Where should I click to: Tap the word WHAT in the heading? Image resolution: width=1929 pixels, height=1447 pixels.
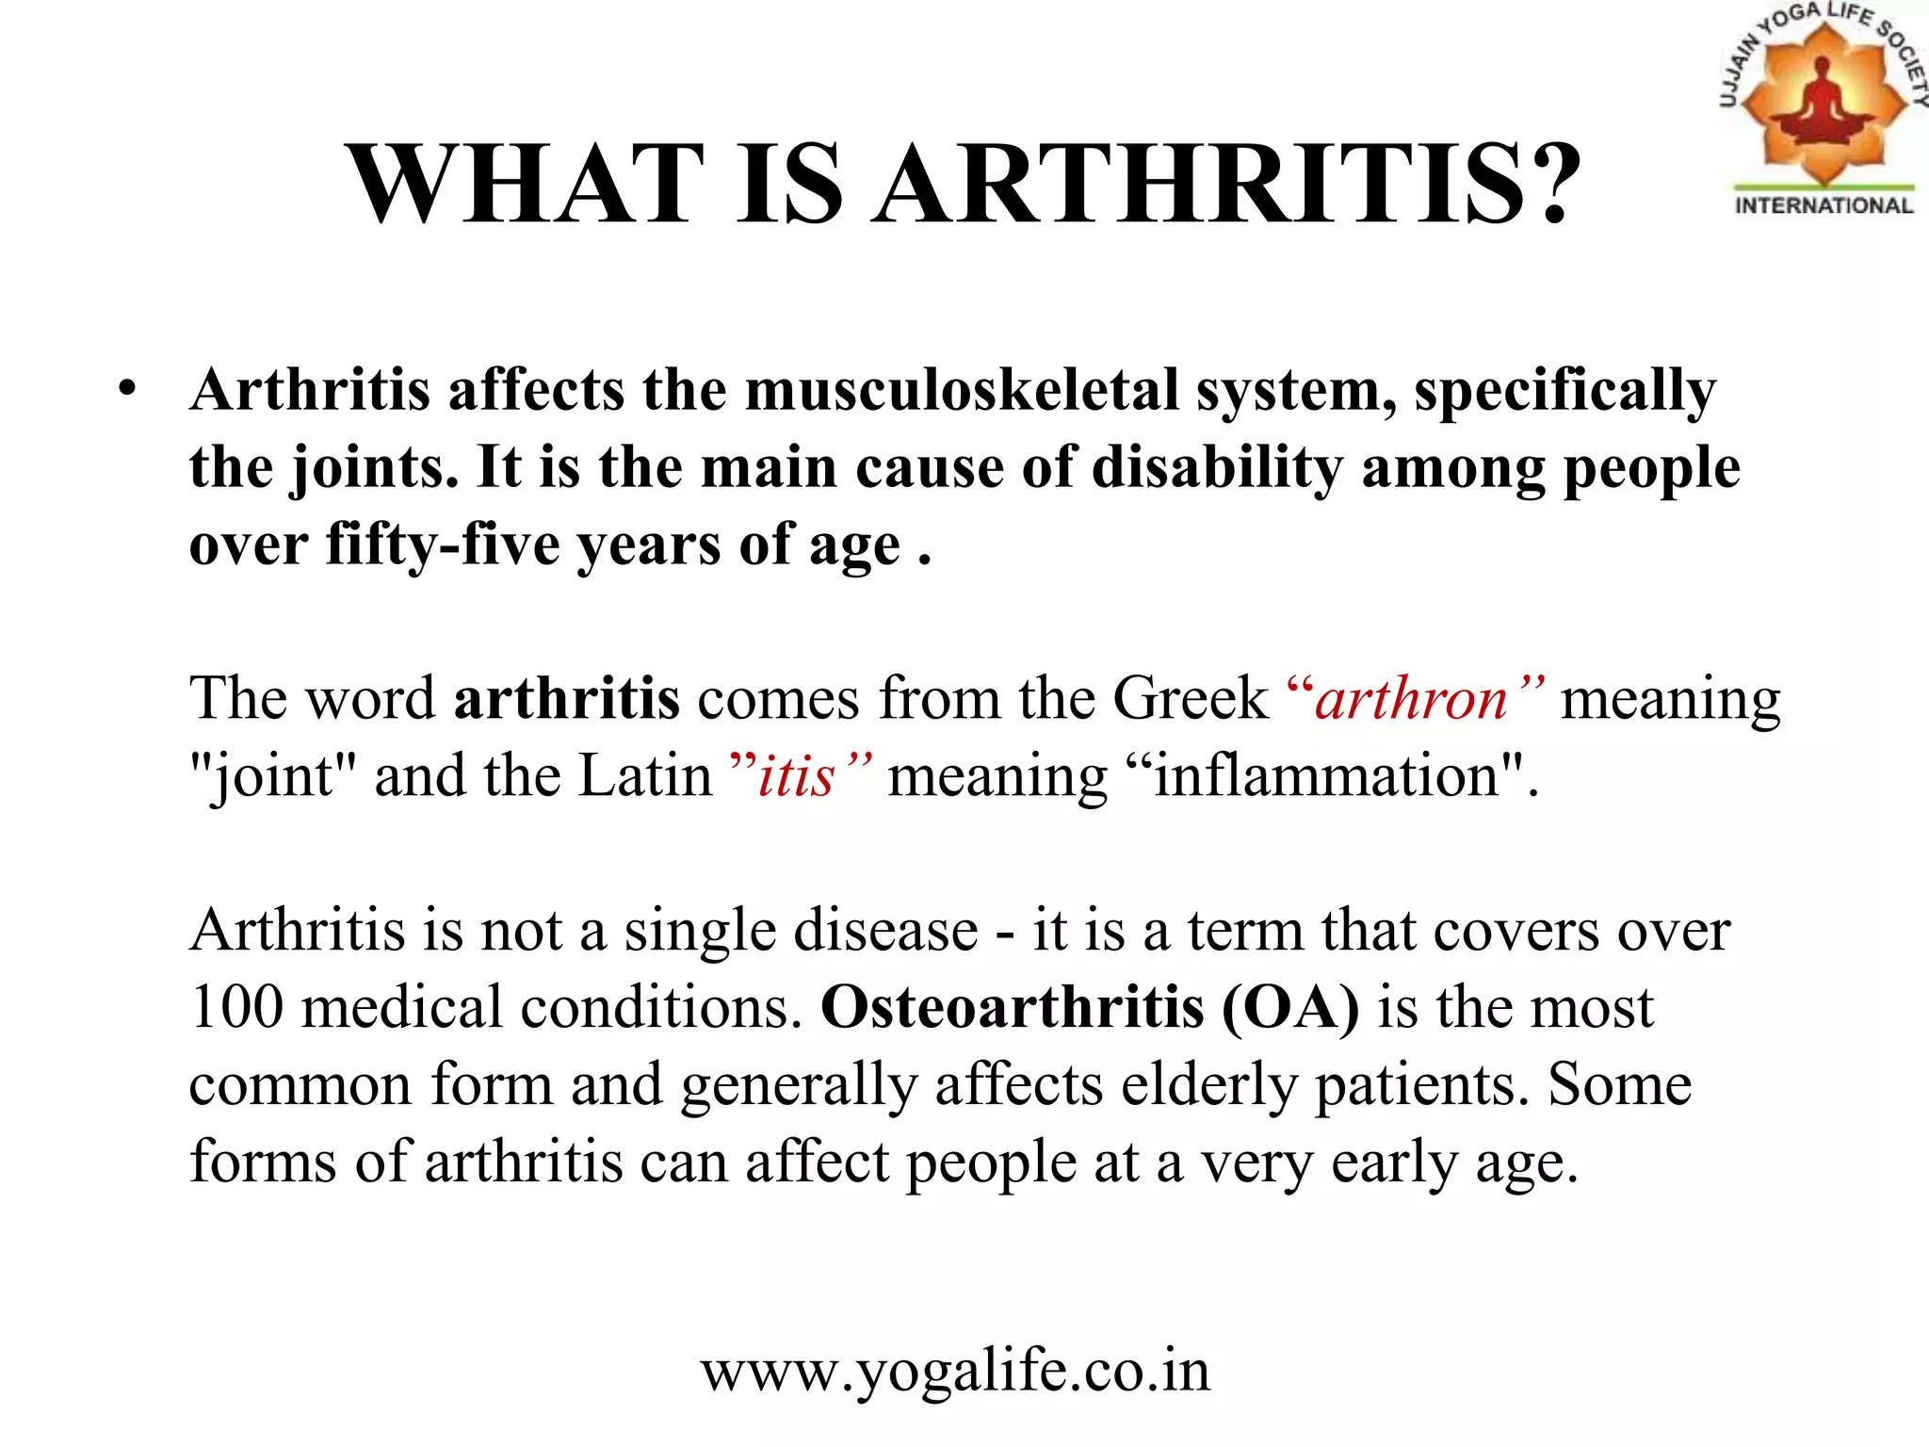526,183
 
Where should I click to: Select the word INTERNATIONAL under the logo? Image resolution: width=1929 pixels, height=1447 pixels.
1824,205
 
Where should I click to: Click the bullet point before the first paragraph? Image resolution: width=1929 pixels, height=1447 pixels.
128,389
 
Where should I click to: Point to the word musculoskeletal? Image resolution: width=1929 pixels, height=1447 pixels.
962,389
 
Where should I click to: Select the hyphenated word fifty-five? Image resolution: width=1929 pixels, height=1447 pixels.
442,545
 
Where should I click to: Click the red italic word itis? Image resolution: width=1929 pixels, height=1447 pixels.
797,777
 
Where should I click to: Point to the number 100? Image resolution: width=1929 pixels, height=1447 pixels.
235,1007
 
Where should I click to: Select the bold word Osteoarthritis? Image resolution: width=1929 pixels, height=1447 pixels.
1012,1007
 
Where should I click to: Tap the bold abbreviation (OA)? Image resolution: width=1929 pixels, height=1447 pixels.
1290,1007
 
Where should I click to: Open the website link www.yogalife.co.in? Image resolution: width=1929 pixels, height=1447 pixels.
955,1371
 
